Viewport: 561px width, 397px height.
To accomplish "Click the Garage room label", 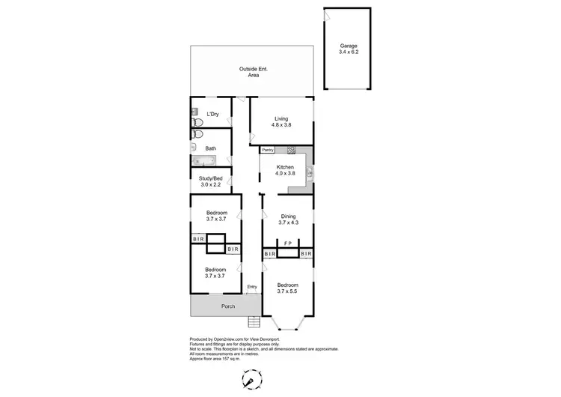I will pyautogui.click(x=348, y=49).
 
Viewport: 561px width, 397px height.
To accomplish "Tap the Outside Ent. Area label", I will pyautogui.click(x=254, y=72).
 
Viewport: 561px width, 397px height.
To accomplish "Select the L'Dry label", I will pyautogui.click(x=212, y=114).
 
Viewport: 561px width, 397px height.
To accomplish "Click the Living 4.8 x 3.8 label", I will pyautogui.click(x=280, y=122).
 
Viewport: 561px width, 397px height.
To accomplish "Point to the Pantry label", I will pyautogui.click(x=267, y=150).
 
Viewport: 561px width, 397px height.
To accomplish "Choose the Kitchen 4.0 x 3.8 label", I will pyautogui.click(x=286, y=170).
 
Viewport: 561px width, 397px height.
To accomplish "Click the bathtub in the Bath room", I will pyautogui.click(x=202, y=161).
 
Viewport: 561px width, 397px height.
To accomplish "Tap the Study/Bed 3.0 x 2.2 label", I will pyautogui.click(x=211, y=182).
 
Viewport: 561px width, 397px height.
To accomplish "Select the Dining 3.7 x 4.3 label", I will pyautogui.click(x=288, y=219).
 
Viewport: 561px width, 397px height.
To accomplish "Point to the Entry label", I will pyautogui.click(x=252, y=287).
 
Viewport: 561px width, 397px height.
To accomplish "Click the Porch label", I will pyautogui.click(x=227, y=306).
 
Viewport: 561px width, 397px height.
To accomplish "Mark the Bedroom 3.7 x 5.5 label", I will pyautogui.click(x=288, y=288).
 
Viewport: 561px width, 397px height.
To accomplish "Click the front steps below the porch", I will pyautogui.click(x=254, y=322).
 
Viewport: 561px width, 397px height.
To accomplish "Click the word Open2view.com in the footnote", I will pyautogui.click(x=225, y=338).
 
